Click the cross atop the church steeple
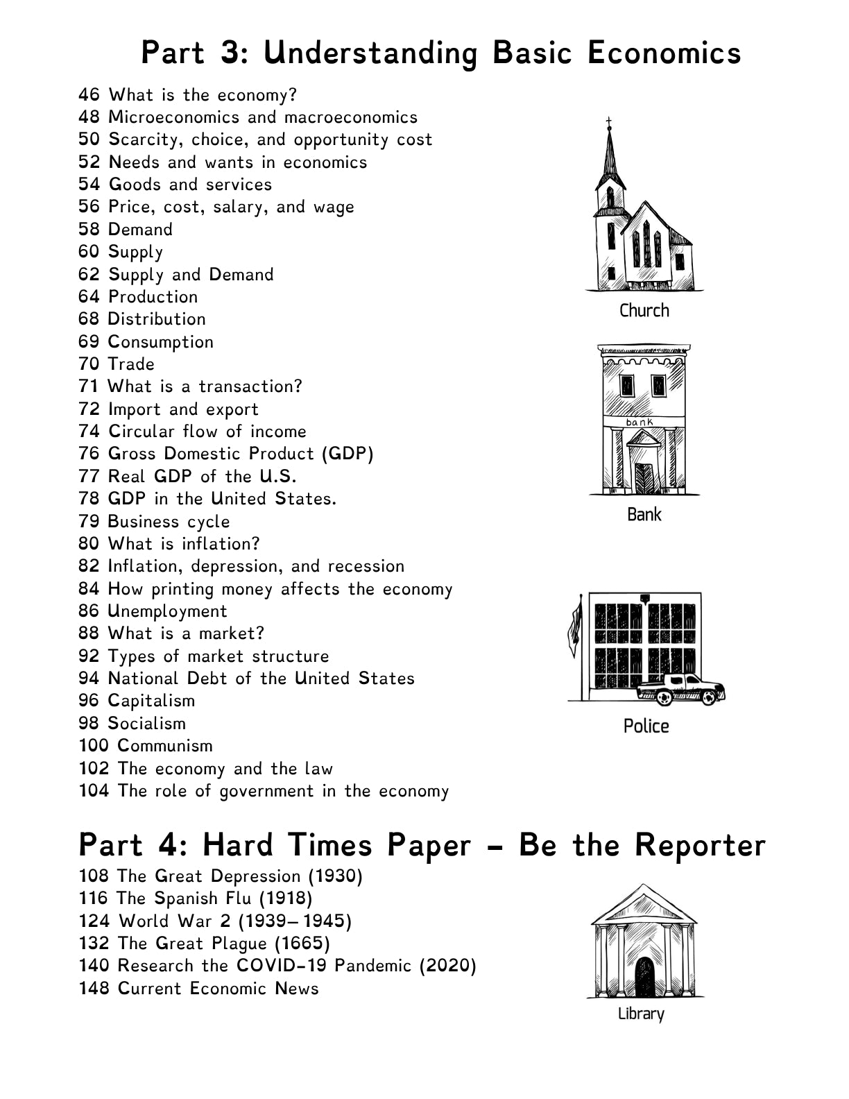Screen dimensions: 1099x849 tap(609, 123)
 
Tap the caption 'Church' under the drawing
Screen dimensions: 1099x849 tap(644, 311)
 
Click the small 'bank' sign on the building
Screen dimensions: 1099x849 tap(640, 422)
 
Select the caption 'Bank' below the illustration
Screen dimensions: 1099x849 tap(644, 515)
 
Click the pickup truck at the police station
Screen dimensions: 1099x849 tap(681, 689)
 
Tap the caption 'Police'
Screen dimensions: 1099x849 tap(646, 726)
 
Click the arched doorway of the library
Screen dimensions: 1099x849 tap(644, 976)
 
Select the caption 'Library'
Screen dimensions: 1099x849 tap(641, 1014)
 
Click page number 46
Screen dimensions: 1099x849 tap(89, 95)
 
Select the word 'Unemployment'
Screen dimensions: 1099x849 tap(168, 611)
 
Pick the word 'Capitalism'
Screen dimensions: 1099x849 tap(152, 701)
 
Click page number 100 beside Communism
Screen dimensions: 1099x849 tap(94, 746)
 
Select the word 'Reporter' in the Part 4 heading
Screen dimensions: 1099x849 tap(700, 845)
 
